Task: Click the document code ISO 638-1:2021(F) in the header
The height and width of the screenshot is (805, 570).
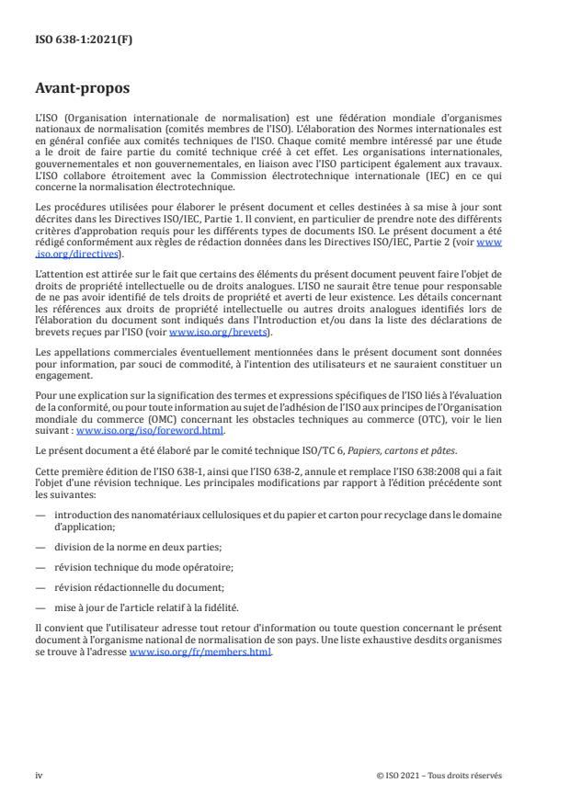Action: click(x=74, y=40)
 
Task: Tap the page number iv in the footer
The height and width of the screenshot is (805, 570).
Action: click(x=39, y=775)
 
